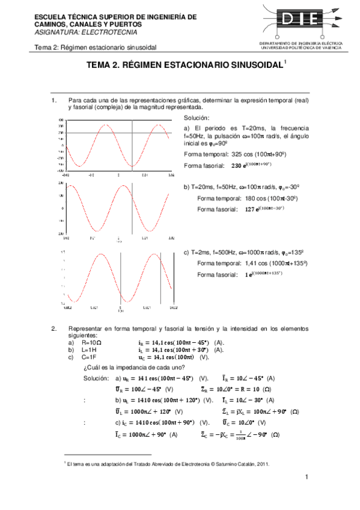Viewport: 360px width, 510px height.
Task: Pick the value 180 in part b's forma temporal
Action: tap(252, 198)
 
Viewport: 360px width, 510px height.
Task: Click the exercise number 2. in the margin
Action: tap(53, 328)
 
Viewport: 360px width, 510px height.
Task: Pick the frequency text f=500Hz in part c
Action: tap(231, 253)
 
